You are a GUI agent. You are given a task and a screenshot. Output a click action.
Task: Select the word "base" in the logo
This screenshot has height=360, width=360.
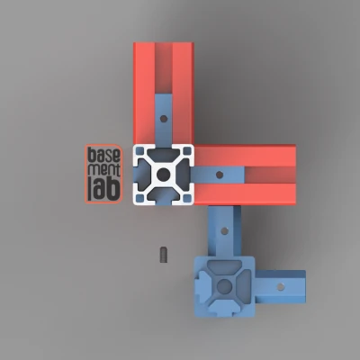point(103,155)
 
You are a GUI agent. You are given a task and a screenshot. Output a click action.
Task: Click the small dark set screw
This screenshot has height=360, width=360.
point(163,255)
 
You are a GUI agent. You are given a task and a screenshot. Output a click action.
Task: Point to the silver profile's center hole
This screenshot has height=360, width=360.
point(163,175)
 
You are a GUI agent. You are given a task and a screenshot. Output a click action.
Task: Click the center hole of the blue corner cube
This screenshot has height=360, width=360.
point(224,286)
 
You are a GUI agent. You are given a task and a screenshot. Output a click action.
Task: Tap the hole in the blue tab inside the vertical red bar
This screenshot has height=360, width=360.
point(164,119)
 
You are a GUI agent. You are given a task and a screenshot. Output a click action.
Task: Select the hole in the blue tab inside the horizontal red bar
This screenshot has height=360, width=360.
point(220,175)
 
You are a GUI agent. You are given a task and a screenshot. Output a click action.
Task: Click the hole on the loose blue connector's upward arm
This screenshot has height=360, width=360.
point(224,230)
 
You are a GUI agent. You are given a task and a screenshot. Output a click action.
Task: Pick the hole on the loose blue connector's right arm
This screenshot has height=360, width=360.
point(281,286)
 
